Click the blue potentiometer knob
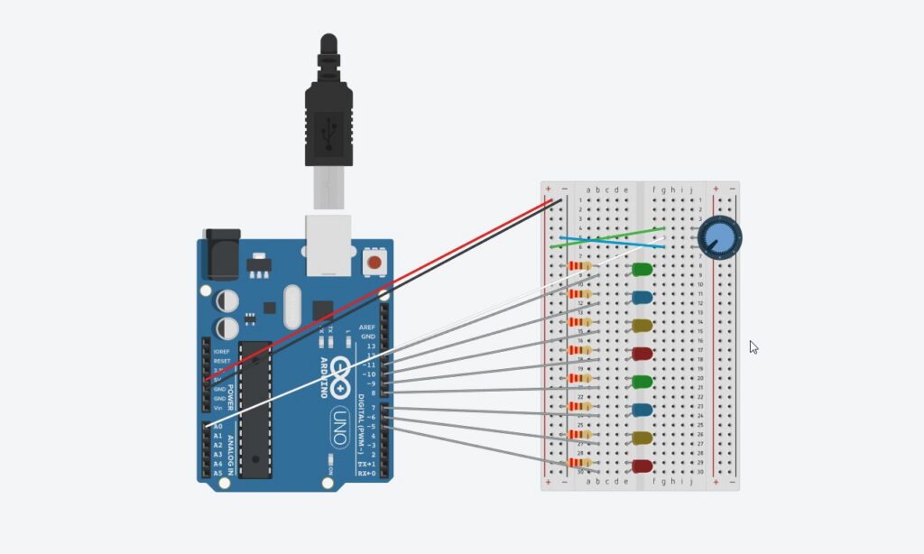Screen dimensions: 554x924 pos(719,238)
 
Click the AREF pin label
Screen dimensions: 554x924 pos(367,327)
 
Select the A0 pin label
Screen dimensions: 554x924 pos(217,427)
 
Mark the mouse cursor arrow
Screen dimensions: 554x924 pos(753,346)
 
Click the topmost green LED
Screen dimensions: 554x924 pos(642,270)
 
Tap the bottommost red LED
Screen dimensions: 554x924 pos(642,466)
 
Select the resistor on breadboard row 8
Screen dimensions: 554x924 pos(580,266)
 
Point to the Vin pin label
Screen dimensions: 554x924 pos(217,407)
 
